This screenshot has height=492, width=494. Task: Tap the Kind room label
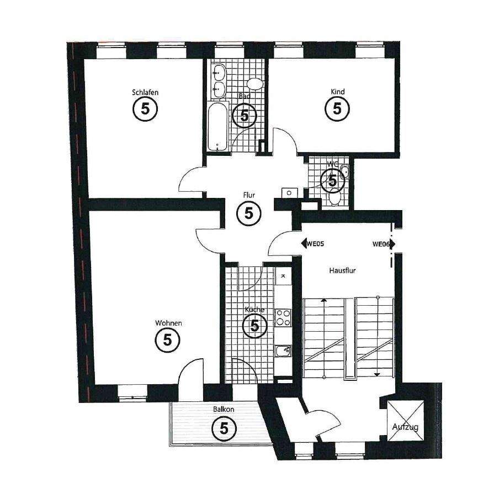click(337, 91)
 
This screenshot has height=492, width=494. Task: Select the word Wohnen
click(168, 323)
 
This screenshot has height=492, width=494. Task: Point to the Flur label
click(248, 195)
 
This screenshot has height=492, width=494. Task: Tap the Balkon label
click(224, 410)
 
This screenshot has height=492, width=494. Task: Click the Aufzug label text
click(405, 427)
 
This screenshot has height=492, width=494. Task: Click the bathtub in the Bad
click(218, 126)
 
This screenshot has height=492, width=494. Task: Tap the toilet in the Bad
click(254, 84)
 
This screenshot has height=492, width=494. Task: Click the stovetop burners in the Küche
click(283, 317)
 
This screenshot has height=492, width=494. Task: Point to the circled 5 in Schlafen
click(145, 109)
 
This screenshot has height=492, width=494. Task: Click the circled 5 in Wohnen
click(168, 340)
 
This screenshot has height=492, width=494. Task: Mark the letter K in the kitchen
click(283, 275)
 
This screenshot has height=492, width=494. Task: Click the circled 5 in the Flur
click(248, 213)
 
